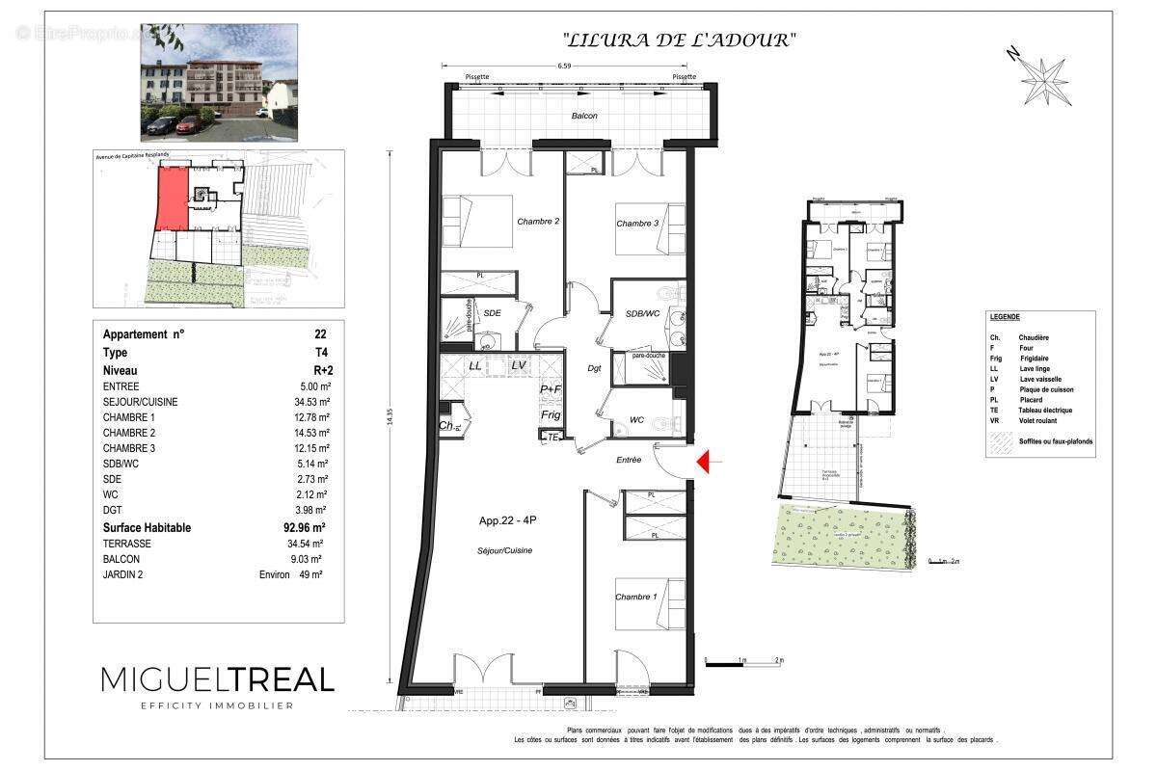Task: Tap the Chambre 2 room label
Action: pyautogui.click(x=538, y=222)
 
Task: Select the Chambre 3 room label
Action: pyautogui.click(x=637, y=224)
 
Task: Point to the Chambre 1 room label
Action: pyautogui.click(x=635, y=598)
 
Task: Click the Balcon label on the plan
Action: pyautogui.click(x=583, y=116)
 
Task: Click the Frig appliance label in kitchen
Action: pyautogui.click(x=551, y=414)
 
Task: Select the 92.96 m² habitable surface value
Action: pyautogui.click(x=305, y=528)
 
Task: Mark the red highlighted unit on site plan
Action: pyautogui.click(x=171, y=197)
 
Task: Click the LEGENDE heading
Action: pyautogui.click(x=1005, y=316)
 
